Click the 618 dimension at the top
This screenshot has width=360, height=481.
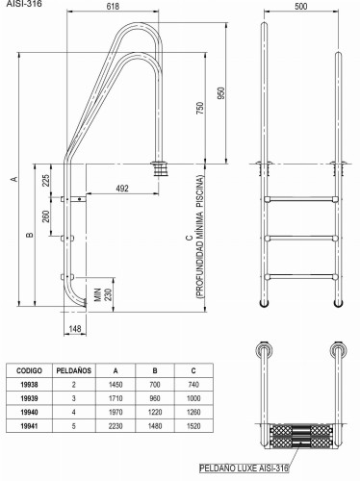click(113, 6)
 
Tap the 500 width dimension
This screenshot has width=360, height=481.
click(301, 7)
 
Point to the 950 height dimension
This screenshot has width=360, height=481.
click(221, 93)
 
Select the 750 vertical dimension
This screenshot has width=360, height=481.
click(199, 109)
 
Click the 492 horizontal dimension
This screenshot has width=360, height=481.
click(122, 189)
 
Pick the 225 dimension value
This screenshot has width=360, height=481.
click(46, 181)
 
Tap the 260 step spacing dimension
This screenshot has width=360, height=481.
click(46, 216)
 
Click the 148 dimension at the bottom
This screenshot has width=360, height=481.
click(75, 329)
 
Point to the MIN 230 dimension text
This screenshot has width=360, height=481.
click(103, 294)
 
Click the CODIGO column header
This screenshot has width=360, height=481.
click(29, 370)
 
